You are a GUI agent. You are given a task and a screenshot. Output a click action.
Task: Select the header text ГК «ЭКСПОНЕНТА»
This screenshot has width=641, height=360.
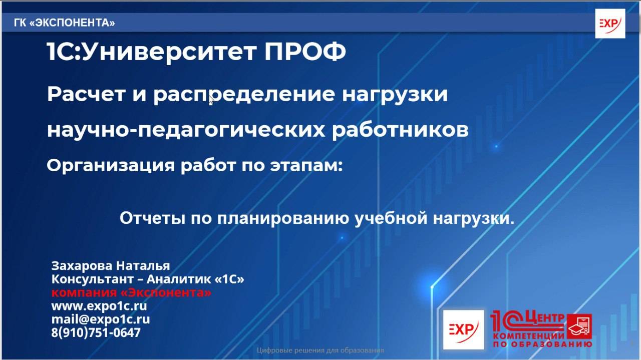pos(65,23)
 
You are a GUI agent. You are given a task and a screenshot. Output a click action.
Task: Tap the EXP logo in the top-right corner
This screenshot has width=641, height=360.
pos(610,24)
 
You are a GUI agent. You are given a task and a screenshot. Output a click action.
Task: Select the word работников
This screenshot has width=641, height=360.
pos(400,130)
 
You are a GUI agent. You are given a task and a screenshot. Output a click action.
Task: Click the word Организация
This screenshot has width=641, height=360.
pos(110,166)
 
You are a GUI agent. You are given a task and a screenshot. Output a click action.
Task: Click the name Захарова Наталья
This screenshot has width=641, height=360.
pos(111,265)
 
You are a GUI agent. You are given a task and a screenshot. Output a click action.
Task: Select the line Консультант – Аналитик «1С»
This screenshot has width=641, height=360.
pos(148,279)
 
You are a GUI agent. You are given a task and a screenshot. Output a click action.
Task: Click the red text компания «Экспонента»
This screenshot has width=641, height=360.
pos(131,292)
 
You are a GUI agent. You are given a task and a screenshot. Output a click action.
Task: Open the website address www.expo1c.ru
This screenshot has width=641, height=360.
pos(99,306)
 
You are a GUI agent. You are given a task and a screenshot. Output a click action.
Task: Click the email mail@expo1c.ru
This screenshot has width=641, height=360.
pos(100,319)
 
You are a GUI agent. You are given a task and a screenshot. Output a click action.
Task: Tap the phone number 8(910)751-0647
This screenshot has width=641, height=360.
pos(96,332)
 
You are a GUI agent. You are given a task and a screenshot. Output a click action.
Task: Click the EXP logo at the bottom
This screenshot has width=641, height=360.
pos(463,329)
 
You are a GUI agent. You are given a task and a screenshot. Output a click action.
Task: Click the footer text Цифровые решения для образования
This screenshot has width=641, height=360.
pos(320,350)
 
